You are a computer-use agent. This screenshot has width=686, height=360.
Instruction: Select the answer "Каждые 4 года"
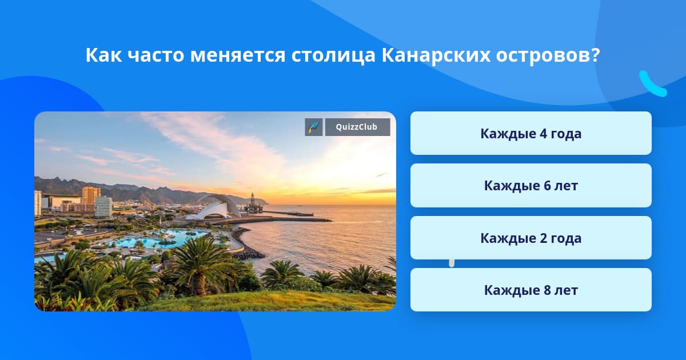[531, 133]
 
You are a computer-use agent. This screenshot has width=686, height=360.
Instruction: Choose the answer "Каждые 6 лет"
[531, 186]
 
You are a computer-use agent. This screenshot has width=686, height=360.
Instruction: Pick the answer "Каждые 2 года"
[531, 238]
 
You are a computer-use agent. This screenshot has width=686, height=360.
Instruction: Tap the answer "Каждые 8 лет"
[531, 290]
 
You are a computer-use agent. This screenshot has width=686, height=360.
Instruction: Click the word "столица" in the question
[333, 55]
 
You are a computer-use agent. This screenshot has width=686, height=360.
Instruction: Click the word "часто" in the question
[155, 55]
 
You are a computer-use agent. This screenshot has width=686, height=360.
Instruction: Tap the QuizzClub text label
[357, 127]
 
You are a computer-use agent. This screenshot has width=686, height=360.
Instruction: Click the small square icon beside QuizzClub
[314, 127]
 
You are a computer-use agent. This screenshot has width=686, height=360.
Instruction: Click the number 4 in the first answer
[543, 134]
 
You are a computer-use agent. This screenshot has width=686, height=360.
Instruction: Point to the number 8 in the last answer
[547, 290]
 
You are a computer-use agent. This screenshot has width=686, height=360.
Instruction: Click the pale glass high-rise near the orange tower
[103, 207]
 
